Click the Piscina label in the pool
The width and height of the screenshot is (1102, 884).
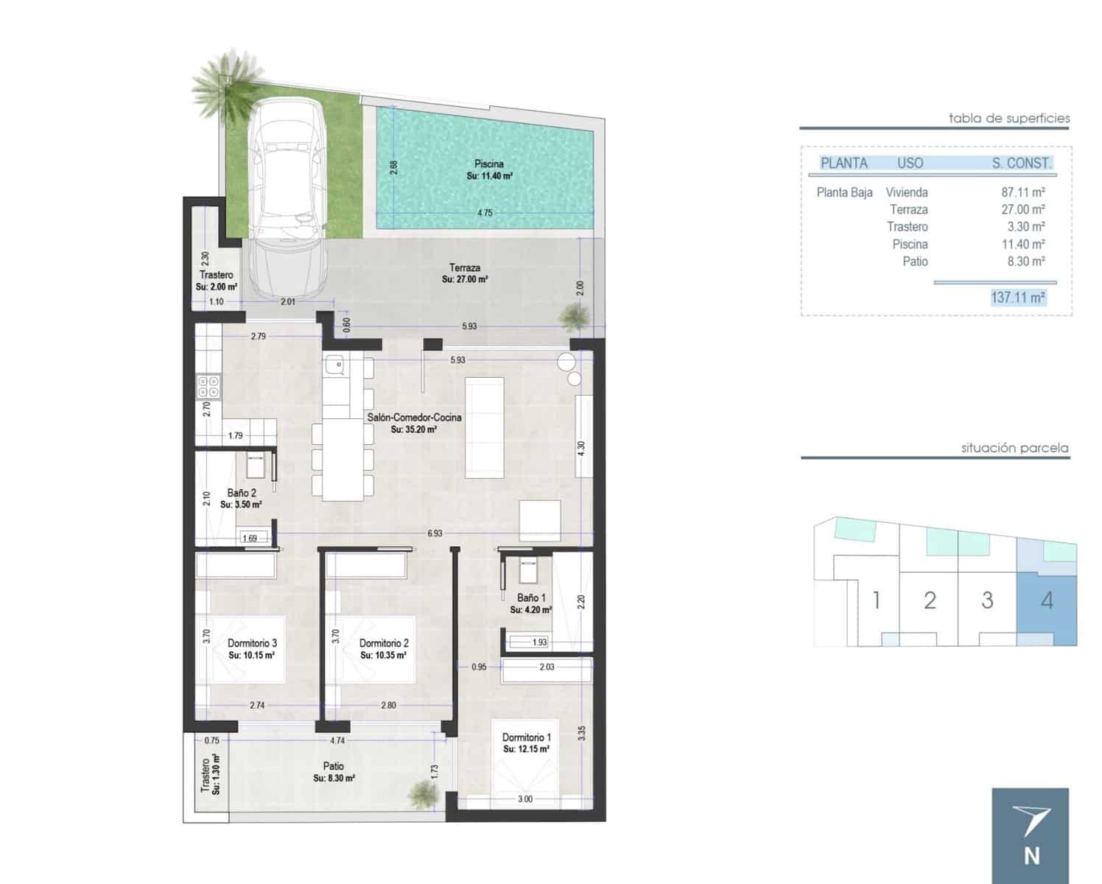pyautogui.click(x=489, y=164)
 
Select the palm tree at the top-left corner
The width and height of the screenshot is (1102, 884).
pyautogui.click(x=228, y=81)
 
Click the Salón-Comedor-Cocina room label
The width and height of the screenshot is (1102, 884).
pyautogui.click(x=414, y=418)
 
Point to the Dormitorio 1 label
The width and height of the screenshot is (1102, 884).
pyautogui.click(x=526, y=737)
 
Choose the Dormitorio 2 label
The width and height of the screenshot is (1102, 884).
pyautogui.click(x=384, y=643)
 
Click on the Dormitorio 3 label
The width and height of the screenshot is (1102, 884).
pyautogui.click(x=252, y=643)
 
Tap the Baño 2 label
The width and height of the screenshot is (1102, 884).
pyautogui.click(x=242, y=493)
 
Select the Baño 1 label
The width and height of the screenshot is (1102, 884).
pyautogui.click(x=531, y=598)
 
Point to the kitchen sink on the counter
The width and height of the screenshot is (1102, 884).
pyautogui.click(x=335, y=363)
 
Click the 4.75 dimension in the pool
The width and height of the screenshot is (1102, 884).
pyautogui.click(x=484, y=213)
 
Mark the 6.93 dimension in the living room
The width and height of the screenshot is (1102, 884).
pyautogui.click(x=435, y=533)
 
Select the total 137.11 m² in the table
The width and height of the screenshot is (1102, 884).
pyautogui.click(x=1018, y=298)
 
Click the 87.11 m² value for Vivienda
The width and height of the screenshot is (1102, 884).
pyautogui.click(x=1022, y=192)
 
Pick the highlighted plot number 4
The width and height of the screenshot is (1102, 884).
pyautogui.click(x=1047, y=600)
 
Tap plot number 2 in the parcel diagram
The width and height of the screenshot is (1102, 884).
pyautogui.click(x=930, y=600)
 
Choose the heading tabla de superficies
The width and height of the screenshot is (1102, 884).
pyautogui.click(x=1008, y=118)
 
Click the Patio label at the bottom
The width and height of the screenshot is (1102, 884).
pyautogui.click(x=333, y=766)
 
